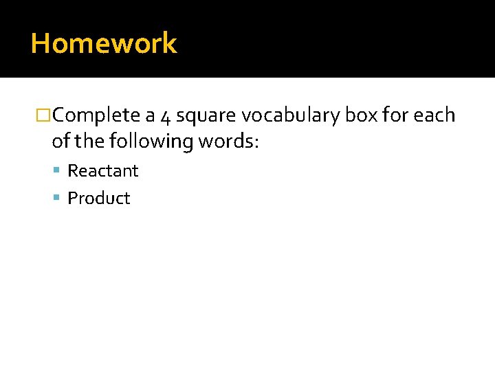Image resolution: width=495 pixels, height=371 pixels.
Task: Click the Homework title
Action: (x=104, y=43)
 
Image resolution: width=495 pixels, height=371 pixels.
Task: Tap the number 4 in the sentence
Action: (x=165, y=116)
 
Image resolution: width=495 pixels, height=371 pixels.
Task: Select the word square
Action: (x=205, y=116)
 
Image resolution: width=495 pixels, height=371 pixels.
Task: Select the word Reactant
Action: (x=103, y=170)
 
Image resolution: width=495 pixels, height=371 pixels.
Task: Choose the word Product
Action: (x=99, y=199)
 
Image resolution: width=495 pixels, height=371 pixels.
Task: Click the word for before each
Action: (x=395, y=115)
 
